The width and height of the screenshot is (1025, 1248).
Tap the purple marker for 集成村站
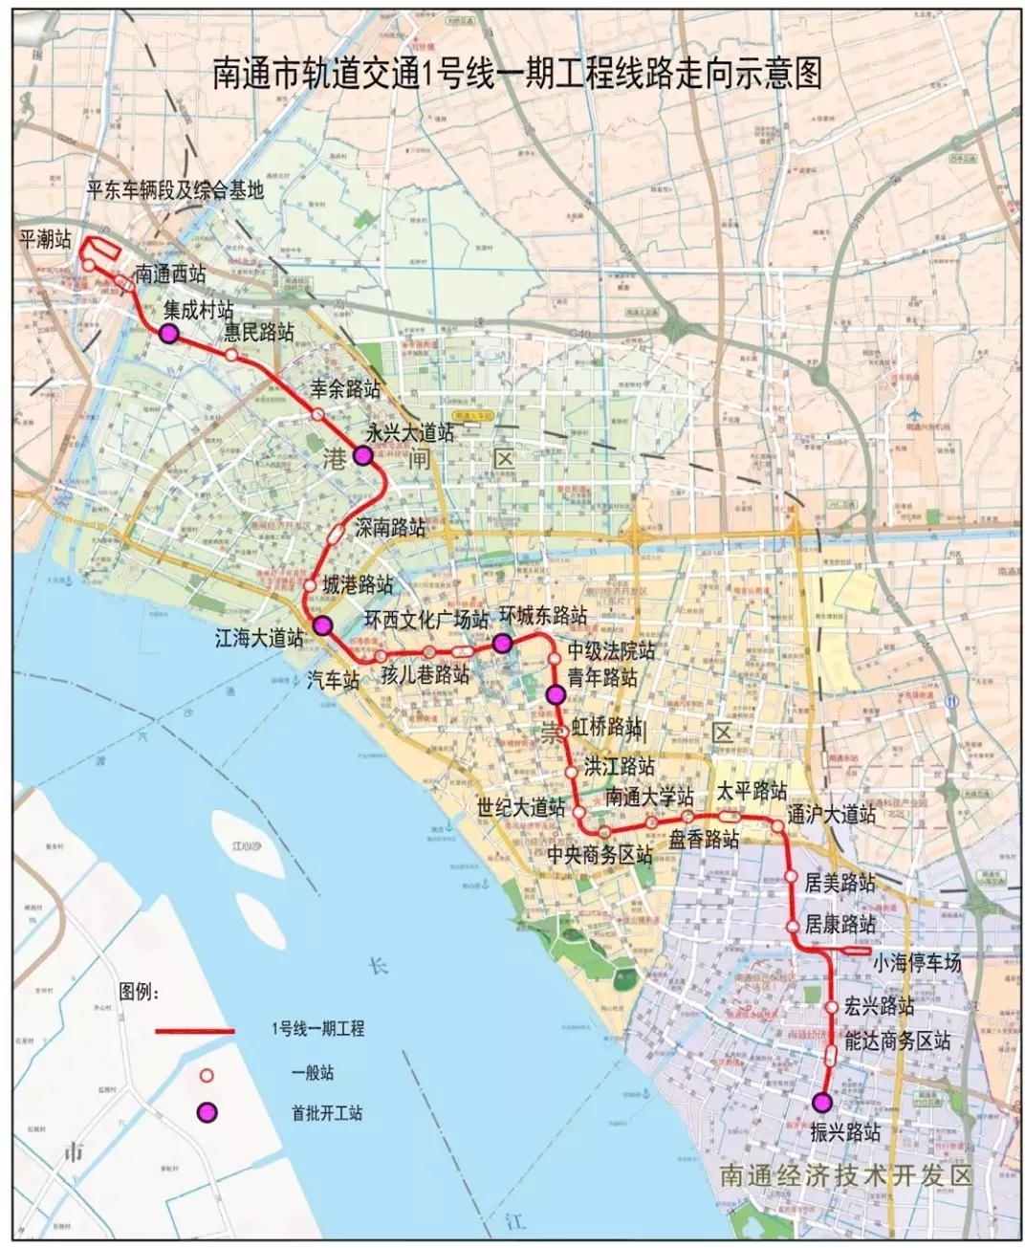(169, 334)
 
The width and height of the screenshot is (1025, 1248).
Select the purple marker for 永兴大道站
(362, 456)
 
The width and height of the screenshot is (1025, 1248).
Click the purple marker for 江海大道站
(323, 625)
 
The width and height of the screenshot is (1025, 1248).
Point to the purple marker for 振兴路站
(821, 1103)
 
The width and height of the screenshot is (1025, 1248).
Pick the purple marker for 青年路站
(554, 694)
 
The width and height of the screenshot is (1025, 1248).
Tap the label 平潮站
(45, 239)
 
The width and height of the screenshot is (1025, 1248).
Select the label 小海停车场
(916, 963)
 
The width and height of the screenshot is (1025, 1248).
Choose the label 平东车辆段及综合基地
(175, 190)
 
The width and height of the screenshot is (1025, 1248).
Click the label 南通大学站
(649, 796)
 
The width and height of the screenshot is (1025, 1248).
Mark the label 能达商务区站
(898, 1041)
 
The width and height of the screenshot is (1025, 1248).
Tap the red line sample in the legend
(195, 1031)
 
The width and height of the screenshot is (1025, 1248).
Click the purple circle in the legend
(207, 1112)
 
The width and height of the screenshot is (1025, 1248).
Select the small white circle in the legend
(206, 1074)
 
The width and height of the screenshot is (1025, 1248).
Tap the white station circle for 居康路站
(793, 927)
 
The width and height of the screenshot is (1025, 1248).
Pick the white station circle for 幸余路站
(317, 414)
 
